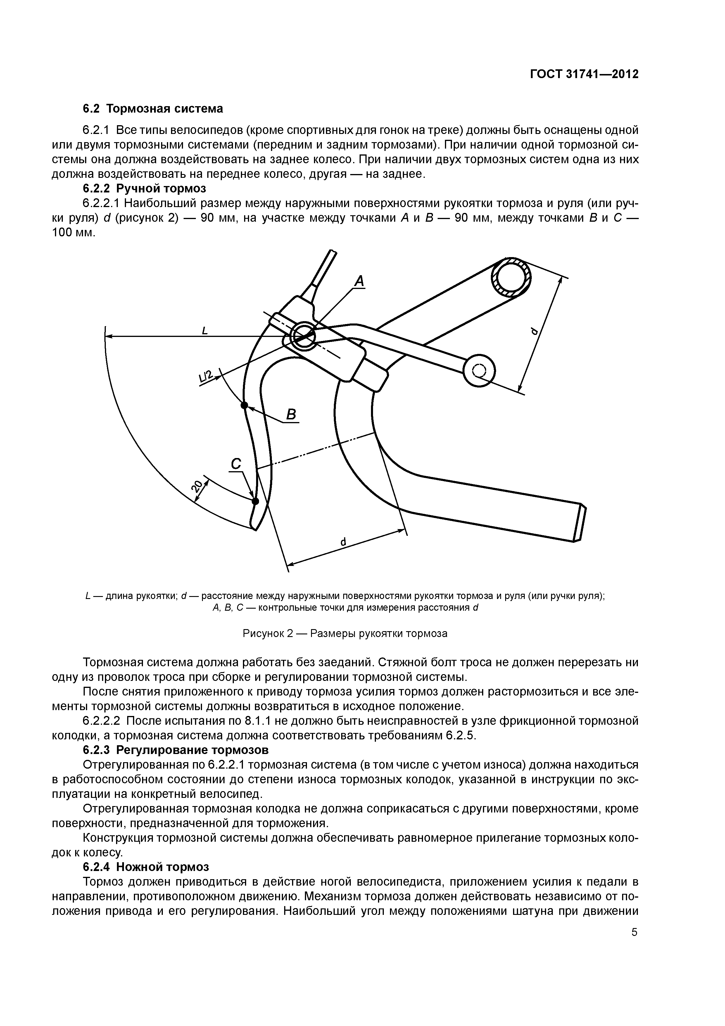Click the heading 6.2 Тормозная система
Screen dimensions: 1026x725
pyautogui.click(x=153, y=109)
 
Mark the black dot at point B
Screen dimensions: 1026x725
pyautogui.click(x=244, y=405)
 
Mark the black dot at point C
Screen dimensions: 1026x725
pyautogui.click(x=256, y=501)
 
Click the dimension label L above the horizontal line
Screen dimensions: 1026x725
pyautogui.click(x=205, y=331)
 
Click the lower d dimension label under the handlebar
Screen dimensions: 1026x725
pyautogui.click(x=343, y=542)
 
